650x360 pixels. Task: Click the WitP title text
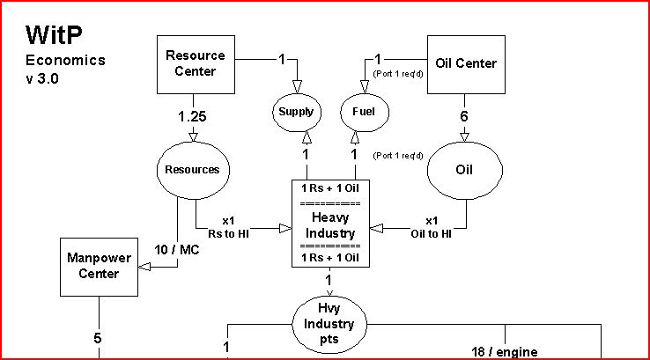[54, 35]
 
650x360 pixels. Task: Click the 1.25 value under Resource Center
[192, 117]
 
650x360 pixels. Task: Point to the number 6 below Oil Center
[464, 116]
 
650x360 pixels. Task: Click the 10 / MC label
[177, 250]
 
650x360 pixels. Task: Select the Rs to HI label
[228, 234]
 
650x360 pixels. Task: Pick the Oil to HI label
[431, 234]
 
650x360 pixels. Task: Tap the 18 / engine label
[505, 352]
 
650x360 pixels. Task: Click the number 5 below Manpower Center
[98, 339]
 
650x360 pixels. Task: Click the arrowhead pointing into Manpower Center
[144, 267]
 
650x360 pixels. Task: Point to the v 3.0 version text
[42, 78]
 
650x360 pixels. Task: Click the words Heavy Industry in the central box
[330, 225]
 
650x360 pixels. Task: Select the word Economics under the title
[65, 61]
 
